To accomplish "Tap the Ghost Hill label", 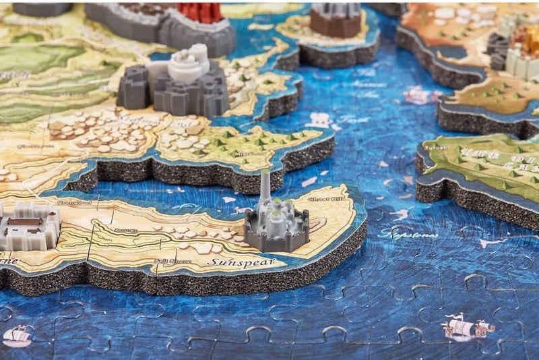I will (x=323, y=199).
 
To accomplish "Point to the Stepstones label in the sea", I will (x=409, y=235).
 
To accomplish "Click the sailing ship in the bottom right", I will (x=466, y=328).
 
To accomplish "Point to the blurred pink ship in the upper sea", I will (x=422, y=95).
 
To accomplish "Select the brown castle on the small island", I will (x=335, y=20).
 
